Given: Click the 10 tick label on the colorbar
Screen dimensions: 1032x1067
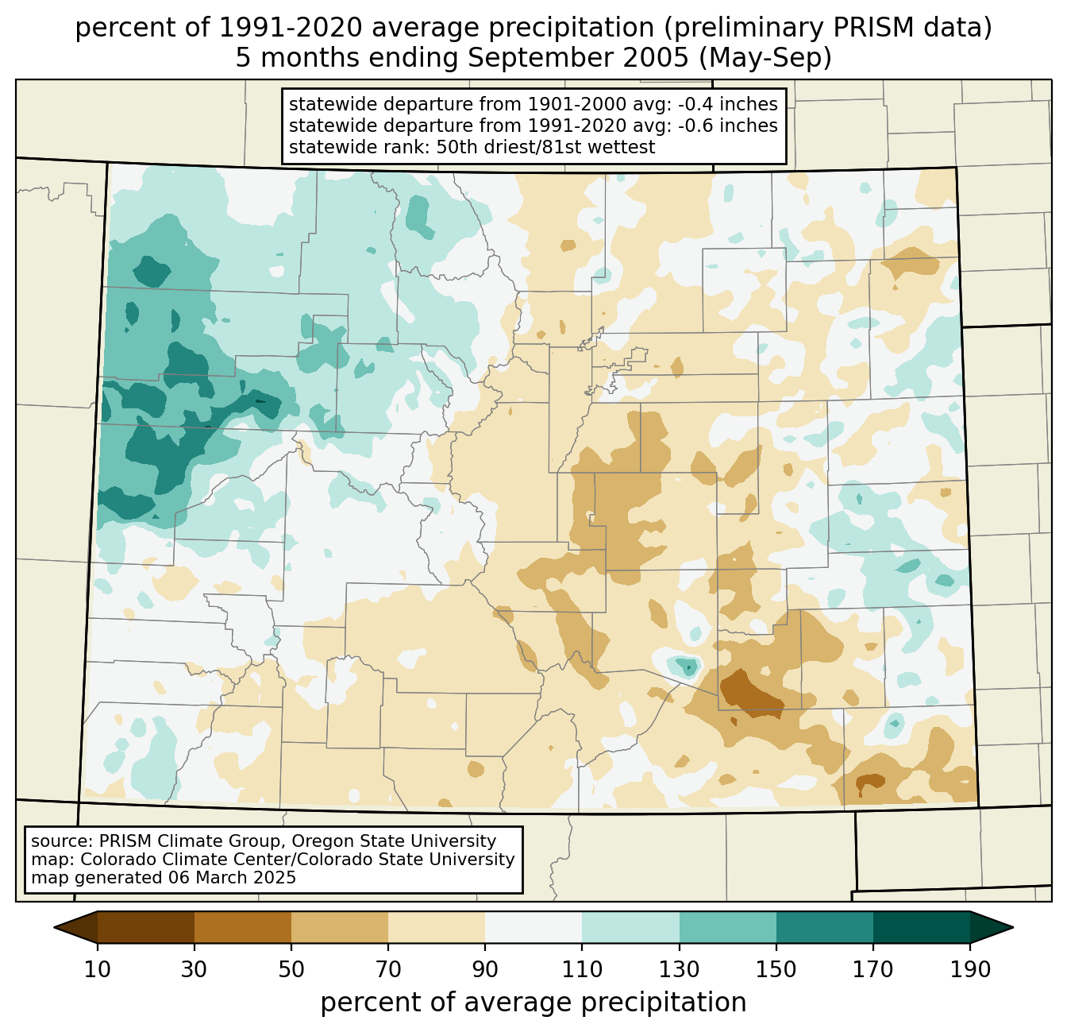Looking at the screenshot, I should (98, 970).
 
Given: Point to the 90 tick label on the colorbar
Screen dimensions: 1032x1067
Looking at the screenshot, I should (485, 970).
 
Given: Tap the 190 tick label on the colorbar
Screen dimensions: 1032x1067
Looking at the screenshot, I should (969, 970).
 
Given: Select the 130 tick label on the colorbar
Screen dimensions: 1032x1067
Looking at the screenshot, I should (680, 970).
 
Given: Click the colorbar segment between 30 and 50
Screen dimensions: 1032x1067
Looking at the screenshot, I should (243, 927).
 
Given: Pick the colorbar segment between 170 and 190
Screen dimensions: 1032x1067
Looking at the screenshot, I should (921, 927).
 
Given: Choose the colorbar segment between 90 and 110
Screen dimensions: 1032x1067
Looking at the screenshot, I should (533, 927).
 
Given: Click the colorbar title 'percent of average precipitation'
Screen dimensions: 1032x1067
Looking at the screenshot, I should (533, 1003).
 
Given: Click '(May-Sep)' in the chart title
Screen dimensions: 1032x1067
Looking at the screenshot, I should (770, 59).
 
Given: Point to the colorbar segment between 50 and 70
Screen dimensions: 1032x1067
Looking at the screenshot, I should (340, 927).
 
